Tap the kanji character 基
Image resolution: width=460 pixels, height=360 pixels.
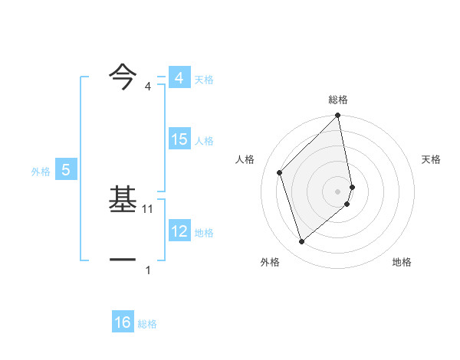coord(123,201)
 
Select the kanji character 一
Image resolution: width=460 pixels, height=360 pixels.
coord(123,260)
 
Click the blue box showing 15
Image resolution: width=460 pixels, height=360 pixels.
coord(179,139)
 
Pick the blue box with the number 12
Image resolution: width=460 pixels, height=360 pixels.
coord(179,232)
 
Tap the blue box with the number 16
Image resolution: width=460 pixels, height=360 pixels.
coord(123,323)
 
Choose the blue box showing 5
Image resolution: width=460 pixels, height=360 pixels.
coord(66,171)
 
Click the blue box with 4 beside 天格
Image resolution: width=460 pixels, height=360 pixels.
coord(179,78)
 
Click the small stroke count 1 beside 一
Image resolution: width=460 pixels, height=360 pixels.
coord(148,270)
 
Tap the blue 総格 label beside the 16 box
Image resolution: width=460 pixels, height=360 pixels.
coord(147,324)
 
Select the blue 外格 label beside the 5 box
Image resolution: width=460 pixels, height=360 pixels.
coord(41,172)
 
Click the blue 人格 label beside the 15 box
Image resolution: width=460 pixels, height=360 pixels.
coord(204,141)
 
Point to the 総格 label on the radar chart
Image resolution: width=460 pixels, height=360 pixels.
coord(338,100)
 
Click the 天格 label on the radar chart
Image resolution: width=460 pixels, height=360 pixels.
coord(431,159)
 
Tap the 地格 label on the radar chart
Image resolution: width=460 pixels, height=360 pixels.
coord(402,263)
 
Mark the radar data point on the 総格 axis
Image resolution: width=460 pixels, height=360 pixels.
coord(338,116)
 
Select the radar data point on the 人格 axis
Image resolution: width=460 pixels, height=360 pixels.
coord(280,172)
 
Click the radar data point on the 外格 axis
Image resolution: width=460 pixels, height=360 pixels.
coord(302,241)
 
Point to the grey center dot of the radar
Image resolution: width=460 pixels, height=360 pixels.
coord(338,191)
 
